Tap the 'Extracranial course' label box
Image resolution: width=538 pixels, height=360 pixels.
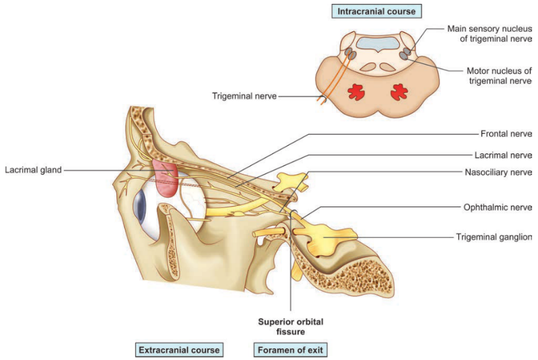coord(179,350)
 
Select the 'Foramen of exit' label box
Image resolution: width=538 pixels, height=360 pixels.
coord(290,350)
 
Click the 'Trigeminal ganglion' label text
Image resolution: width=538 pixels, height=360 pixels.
coord(494,237)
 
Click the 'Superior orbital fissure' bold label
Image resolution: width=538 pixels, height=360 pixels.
coord(290,326)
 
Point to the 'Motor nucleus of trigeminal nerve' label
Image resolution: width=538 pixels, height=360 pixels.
coord(500,75)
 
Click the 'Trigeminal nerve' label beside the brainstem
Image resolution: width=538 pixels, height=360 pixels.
coord(245,96)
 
